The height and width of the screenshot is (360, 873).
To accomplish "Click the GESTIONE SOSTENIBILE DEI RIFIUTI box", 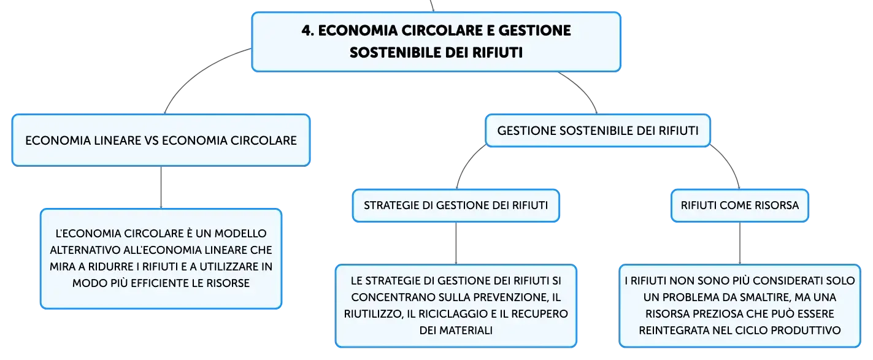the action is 598,131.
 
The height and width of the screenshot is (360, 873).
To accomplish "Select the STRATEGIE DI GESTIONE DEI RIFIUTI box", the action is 456,205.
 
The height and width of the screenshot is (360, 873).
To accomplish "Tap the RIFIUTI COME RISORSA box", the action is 740,205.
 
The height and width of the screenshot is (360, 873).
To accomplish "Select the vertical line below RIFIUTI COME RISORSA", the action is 740,243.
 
